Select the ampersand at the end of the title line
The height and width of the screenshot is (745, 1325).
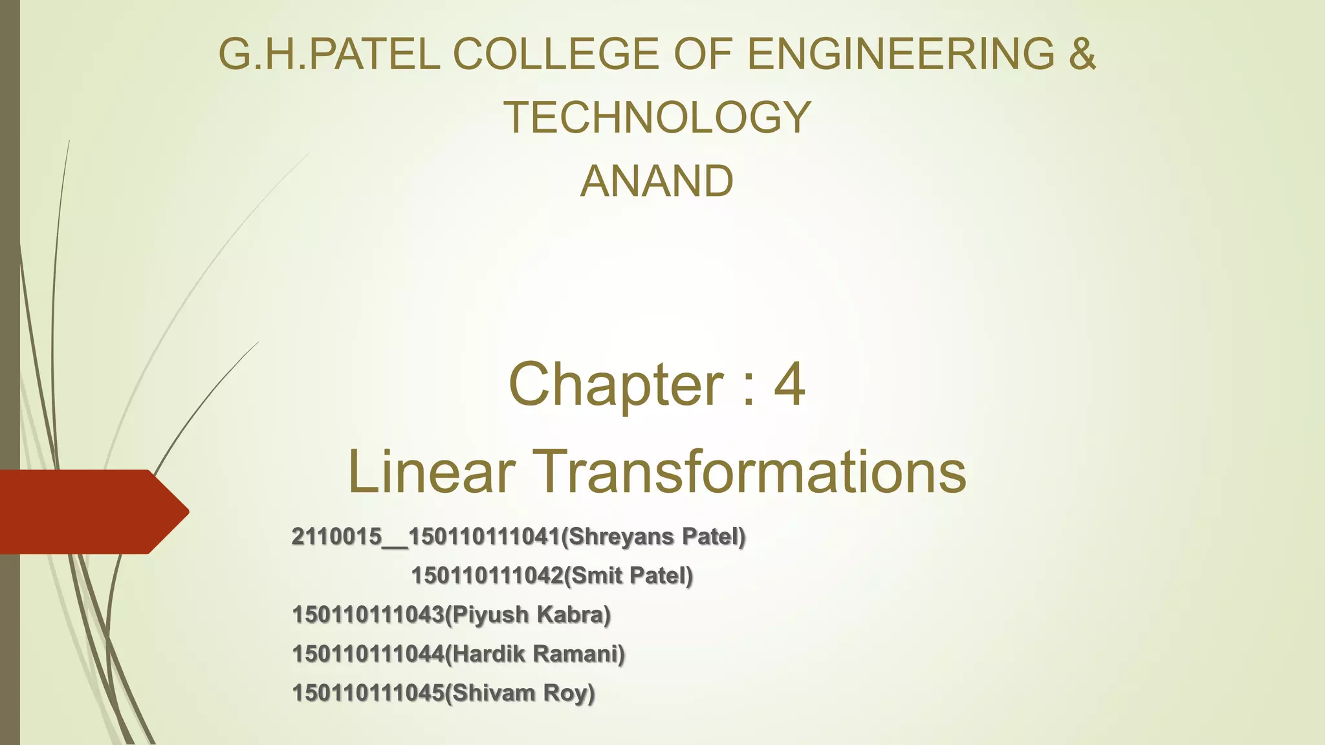(x=1082, y=54)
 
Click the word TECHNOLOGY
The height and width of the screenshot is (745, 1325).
(x=657, y=117)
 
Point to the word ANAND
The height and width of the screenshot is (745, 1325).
(x=657, y=181)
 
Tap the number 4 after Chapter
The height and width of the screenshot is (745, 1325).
(x=789, y=384)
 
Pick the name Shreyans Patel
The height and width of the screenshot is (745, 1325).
(x=653, y=537)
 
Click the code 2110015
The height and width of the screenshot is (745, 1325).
(x=336, y=537)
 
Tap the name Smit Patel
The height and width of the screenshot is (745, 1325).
(x=628, y=576)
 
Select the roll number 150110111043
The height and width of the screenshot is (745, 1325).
(x=368, y=614)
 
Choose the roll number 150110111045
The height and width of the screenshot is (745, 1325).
(x=368, y=693)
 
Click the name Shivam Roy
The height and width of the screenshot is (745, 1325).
(x=521, y=693)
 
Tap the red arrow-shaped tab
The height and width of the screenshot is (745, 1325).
(x=91, y=512)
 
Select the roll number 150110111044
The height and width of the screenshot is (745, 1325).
(x=368, y=654)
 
